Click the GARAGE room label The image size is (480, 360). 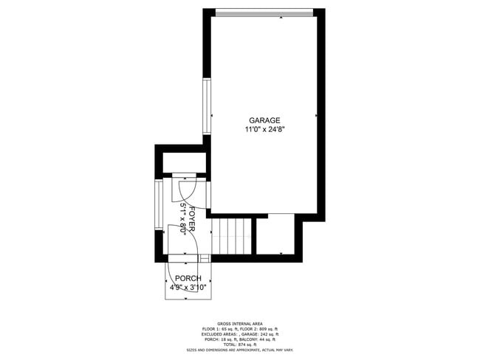tap(264, 120)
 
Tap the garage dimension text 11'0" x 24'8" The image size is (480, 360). tap(264, 129)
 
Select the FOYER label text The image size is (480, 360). tap(191, 218)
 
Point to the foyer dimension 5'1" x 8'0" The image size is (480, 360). tap(182, 218)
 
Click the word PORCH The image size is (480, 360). tap(188, 278)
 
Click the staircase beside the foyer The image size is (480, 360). tap(232, 235)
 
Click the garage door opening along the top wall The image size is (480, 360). tap(264, 11)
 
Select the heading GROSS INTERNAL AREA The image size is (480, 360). tap(240, 323)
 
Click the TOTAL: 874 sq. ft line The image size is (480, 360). tap(240, 345)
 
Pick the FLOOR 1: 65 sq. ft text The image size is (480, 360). tap(219, 329)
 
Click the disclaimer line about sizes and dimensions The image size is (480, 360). tap(240, 350)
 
